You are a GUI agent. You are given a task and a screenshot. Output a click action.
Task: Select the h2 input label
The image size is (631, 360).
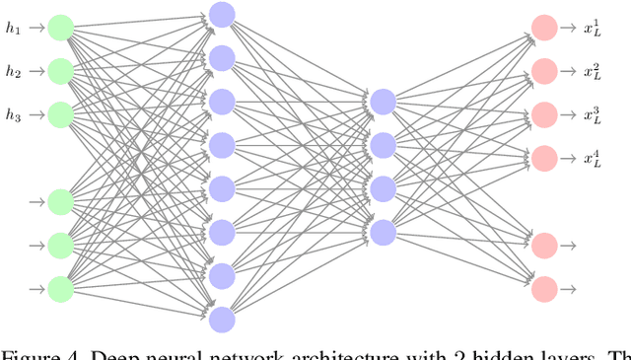(x=13, y=71)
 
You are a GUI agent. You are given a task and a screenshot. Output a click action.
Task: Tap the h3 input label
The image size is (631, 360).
(x=13, y=114)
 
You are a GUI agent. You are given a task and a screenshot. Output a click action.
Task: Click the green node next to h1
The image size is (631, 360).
(x=61, y=28)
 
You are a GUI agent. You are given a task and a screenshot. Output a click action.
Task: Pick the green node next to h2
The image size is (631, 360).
(x=61, y=71)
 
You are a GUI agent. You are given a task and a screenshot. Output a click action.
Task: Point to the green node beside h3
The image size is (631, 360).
(x=61, y=114)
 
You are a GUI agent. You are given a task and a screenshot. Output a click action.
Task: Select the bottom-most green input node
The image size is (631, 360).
(x=61, y=288)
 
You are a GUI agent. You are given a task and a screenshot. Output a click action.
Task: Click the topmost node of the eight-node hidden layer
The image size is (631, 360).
(x=222, y=15)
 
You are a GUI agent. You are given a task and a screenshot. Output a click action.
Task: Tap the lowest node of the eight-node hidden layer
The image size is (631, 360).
(x=222, y=319)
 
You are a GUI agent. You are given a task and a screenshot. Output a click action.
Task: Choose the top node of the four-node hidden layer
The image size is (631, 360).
(x=383, y=102)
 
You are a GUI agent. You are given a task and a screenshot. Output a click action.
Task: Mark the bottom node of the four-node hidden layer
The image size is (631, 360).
(x=383, y=232)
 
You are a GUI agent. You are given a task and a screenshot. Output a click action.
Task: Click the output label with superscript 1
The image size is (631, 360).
(x=592, y=28)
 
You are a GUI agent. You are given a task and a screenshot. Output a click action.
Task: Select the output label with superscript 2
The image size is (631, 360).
(x=592, y=71)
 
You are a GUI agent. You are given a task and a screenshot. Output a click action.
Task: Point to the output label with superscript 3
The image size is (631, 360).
(x=592, y=114)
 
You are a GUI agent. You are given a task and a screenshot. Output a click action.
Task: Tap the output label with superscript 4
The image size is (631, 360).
(x=592, y=158)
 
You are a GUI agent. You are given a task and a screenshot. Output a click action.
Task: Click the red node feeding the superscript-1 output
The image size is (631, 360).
(x=543, y=28)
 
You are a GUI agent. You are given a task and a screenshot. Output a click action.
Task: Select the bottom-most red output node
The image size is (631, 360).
(x=543, y=288)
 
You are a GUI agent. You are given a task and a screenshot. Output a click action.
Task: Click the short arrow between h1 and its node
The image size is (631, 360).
(x=35, y=28)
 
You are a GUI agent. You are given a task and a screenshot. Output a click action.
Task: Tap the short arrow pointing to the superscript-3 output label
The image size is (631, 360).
(x=569, y=114)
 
